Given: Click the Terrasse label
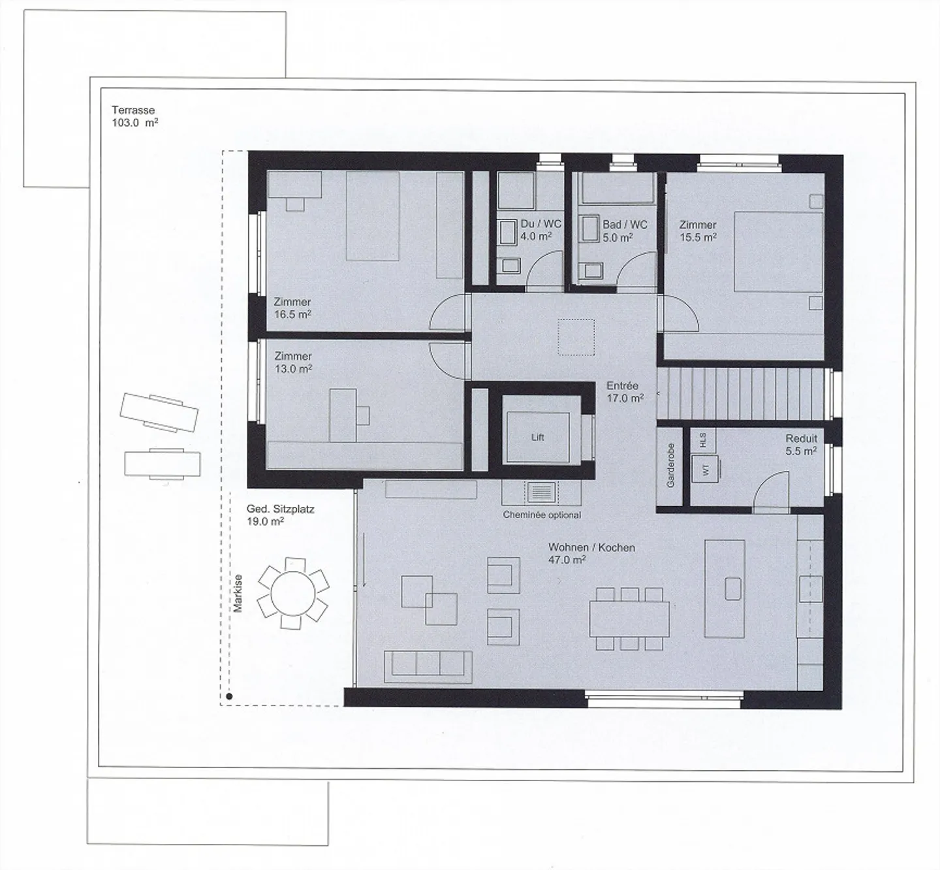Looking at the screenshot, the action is pos(133,110).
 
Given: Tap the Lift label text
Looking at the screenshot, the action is pos(537,437).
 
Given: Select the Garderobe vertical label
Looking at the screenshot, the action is pos(670,466).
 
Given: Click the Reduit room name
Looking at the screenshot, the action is pos(802,438).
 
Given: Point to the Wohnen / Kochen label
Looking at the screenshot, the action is pos(591,547).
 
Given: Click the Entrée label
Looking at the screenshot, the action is pos(622,386).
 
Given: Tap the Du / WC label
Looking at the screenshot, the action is pos(541,224).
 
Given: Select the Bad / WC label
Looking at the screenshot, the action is pos(625,225).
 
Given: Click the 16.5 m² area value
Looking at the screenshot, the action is pos(292,314).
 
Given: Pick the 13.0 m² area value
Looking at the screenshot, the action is pos(293,368).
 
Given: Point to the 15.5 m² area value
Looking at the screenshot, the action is pos(698,237).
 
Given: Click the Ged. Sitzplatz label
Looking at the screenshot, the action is pos(280,509).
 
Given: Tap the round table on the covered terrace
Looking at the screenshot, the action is pos(293,594).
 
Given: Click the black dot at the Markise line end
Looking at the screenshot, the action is pos(229,697).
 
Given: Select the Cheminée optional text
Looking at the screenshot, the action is pos(542,515).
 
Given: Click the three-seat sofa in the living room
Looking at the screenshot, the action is pos(428,667).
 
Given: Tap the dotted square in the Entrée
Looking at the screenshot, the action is pos(576,337).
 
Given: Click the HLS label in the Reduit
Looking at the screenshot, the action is pos(703,440).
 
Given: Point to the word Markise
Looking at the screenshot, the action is pos(238,594).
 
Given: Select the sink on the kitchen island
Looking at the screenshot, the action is pos(732,588).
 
